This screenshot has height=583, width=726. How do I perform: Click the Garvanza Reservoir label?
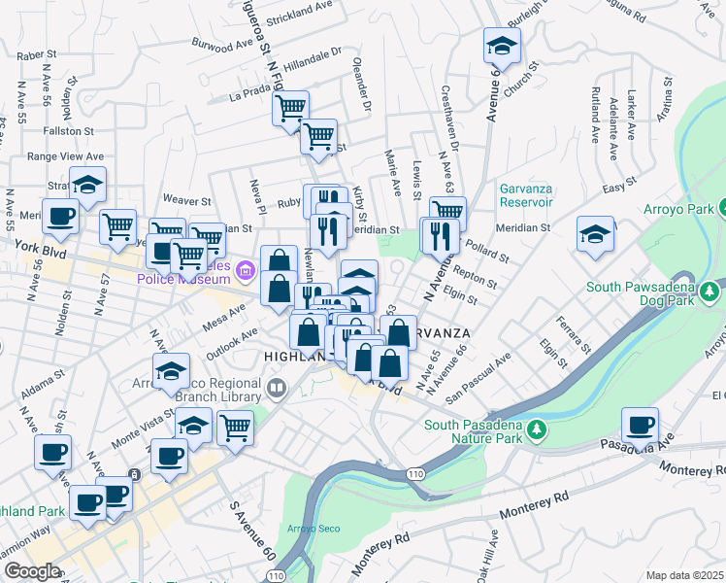coord(526,195)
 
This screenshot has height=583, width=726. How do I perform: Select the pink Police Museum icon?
coord(243,269)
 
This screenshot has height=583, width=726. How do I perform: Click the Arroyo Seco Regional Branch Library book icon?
coord(277,391)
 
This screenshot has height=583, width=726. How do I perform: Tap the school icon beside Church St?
coord(502,45)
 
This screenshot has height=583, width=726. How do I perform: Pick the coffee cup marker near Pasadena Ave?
coord(641,425)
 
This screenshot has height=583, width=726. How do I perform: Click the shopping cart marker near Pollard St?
coord(446,213)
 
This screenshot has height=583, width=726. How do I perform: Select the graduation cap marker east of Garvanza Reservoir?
coord(595,234)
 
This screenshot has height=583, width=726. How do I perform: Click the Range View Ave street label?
coord(65,155)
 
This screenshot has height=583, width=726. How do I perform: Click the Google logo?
coord(31,571)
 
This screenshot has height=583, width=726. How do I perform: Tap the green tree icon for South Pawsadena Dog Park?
coord(711,291)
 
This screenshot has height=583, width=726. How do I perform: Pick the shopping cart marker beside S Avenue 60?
coord(235,427)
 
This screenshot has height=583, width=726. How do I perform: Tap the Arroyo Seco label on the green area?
coord(310,529)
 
